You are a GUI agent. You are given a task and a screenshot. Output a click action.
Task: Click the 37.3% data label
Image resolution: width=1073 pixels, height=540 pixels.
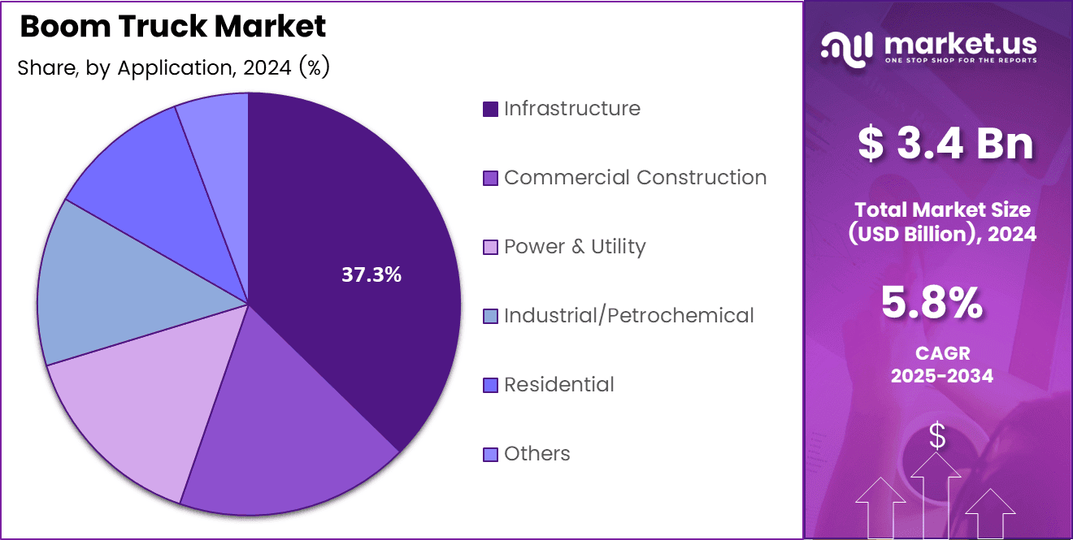click(x=371, y=275)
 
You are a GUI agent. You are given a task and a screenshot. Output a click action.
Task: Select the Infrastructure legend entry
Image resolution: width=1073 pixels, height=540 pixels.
click(x=571, y=109)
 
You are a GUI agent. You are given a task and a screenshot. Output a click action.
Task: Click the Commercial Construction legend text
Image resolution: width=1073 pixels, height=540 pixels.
click(x=635, y=178)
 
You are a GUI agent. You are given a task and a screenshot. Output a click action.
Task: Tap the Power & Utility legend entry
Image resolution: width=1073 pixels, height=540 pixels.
click(x=574, y=247)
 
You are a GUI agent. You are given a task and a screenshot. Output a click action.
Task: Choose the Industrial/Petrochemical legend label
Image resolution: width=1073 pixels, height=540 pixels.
click(x=628, y=316)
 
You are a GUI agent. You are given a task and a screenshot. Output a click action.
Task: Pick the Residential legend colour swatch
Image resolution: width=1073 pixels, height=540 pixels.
click(x=490, y=386)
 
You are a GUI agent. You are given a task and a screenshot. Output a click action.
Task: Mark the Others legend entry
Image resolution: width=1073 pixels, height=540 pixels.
click(x=536, y=454)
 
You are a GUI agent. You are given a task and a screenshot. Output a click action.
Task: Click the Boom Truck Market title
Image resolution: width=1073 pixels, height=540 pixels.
click(x=172, y=27)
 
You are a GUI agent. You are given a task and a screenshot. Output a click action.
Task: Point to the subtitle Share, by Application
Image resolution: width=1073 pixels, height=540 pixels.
click(x=172, y=68)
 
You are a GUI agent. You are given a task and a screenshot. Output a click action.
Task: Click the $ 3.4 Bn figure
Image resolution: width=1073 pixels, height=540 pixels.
click(x=945, y=144)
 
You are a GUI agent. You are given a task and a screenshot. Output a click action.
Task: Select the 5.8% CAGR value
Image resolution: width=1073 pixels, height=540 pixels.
click(x=932, y=304)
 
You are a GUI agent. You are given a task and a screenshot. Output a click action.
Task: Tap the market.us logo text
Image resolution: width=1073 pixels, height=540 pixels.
click(x=960, y=42)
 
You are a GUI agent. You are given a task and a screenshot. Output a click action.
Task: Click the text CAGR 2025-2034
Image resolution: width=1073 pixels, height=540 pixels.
click(x=941, y=365)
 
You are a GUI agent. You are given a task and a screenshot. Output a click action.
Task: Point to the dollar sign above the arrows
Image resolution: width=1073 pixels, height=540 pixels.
click(x=937, y=437)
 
